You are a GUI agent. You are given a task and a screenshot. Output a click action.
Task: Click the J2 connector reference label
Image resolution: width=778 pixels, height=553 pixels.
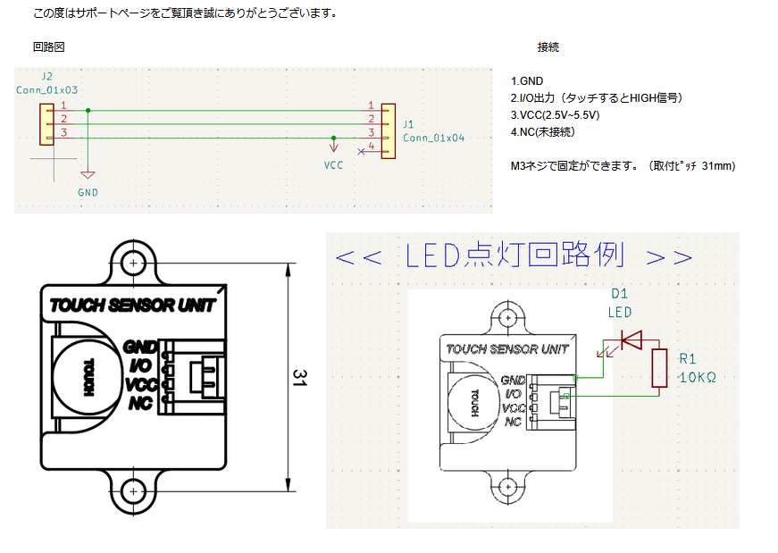point(47,77)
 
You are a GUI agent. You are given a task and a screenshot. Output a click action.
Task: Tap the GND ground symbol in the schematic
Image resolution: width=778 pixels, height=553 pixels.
point(88,176)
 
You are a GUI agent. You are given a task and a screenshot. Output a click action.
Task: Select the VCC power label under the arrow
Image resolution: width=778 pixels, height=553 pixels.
point(333,165)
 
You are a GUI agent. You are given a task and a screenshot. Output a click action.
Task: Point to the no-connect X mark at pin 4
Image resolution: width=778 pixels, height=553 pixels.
point(361,152)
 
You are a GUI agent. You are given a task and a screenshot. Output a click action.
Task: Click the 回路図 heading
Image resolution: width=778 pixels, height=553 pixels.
point(48,46)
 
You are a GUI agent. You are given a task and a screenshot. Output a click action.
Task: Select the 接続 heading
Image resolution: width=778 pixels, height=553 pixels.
point(548,46)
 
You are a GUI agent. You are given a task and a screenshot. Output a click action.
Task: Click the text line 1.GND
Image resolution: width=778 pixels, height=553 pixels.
point(527,81)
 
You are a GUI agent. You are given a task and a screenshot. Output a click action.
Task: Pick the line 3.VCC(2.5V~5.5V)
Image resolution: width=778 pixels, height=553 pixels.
point(555,115)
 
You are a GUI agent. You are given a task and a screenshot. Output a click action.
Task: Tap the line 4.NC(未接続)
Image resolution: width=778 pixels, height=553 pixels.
point(543,132)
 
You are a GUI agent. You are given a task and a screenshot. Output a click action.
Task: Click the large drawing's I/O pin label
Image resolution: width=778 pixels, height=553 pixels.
point(141,365)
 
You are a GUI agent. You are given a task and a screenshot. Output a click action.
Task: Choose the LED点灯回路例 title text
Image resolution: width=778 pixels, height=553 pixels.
point(514,256)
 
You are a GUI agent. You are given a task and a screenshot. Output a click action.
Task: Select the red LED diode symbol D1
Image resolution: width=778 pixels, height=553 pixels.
point(632,339)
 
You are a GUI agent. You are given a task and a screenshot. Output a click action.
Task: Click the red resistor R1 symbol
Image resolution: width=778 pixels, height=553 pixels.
point(660,368)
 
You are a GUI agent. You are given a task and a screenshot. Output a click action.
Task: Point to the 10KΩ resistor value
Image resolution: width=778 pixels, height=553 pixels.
point(698,378)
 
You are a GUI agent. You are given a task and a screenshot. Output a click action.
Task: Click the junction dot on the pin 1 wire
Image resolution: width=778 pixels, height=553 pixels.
point(88,111)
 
